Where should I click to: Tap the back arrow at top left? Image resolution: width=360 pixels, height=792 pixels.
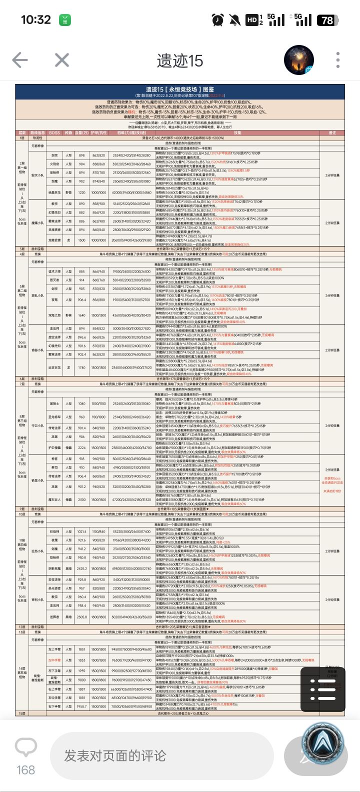(20, 60)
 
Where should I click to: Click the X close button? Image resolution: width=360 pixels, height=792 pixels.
(62, 60)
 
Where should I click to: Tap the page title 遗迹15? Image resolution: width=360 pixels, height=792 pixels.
(179, 61)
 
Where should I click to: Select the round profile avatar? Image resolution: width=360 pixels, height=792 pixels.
(298, 59)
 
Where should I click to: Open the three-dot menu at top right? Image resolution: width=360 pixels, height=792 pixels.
(338, 60)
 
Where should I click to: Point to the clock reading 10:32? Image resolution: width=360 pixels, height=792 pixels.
(35, 20)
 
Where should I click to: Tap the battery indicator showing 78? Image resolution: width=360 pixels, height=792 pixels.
(327, 20)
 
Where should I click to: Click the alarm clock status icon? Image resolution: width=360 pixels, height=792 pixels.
(217, 20)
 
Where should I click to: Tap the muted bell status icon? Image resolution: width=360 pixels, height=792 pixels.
(234, 20)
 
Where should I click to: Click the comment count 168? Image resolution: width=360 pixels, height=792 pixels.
(26, 770)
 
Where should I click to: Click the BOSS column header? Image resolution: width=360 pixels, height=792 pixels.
(54, 133)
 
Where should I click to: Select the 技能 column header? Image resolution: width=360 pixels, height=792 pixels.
(237, 133)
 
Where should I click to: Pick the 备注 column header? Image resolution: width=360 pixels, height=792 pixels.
(332, 133)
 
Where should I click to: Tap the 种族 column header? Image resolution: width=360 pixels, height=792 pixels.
(68, 133)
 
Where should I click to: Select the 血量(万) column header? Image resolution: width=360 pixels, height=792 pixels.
(81, 133)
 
